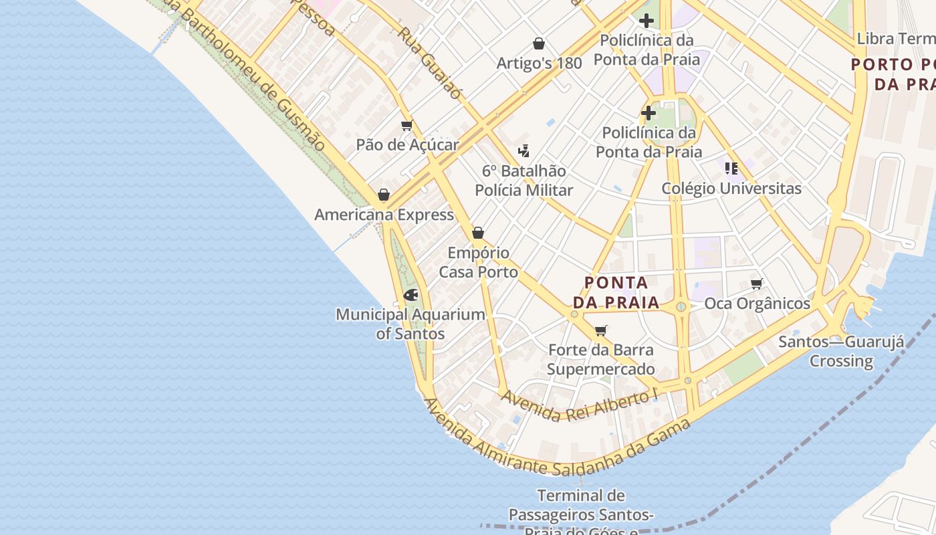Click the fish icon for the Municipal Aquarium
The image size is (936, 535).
[x=411, y=295]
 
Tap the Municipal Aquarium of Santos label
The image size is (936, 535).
[x=411, y=324]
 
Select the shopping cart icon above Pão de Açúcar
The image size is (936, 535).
[x=406, y=125]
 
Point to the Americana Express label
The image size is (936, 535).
[x=384, y=215]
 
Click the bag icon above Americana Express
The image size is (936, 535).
[x=383, y=195]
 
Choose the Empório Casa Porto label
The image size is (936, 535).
[x=478, y=262]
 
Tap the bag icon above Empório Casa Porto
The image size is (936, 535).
[x=477, y=233]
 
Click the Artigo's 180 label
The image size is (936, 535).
[x=539, y=64]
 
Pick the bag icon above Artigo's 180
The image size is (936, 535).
[x=539, y=44]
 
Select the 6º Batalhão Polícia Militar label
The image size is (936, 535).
[x=523, y=181]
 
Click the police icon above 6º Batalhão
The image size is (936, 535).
[x=523, y=151]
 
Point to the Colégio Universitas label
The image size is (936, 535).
[x=731, y=189]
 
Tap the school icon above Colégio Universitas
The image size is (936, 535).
[x=731, y=168]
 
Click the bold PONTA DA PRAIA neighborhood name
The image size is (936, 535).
[x=616, y=292]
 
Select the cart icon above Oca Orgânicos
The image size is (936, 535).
[x=756, y=284]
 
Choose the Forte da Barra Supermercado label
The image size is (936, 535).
[x=600, y=359]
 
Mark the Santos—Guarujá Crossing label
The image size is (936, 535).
[x=841, y=352]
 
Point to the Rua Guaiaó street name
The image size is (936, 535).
[x=430, y=63]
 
